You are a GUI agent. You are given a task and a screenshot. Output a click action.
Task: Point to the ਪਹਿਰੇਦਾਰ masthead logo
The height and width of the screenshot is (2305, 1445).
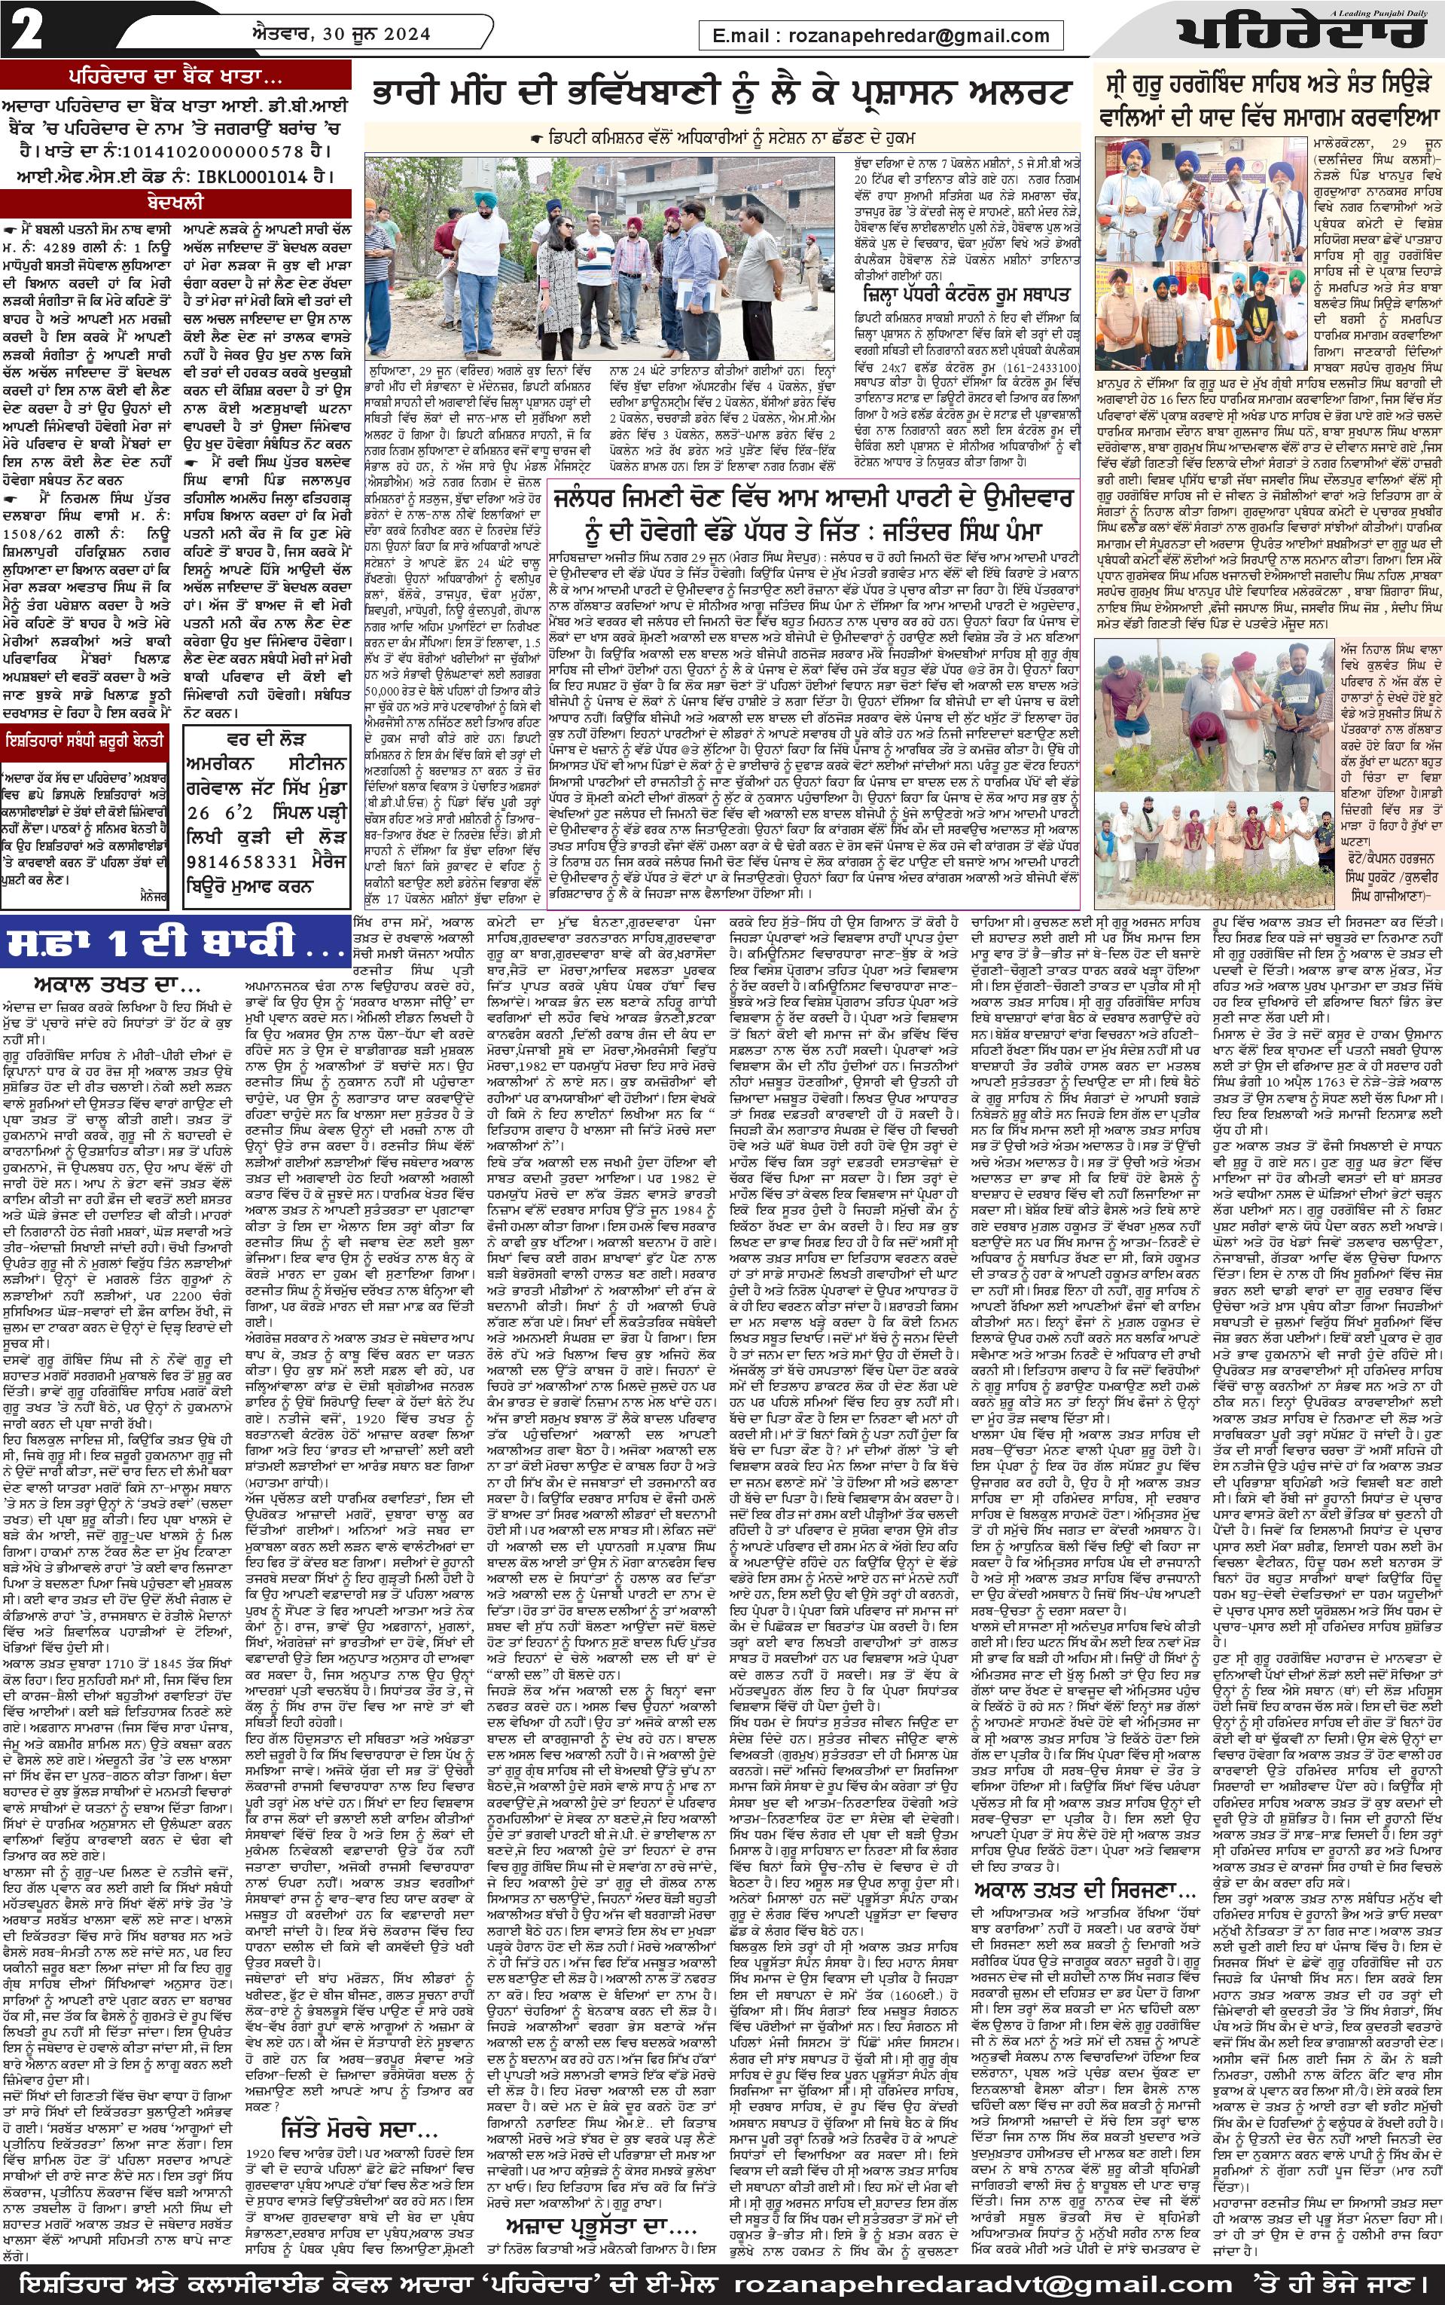tap(1300, 36)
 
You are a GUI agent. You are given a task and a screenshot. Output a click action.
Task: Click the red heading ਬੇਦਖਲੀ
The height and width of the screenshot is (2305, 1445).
tap(175, 203)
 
